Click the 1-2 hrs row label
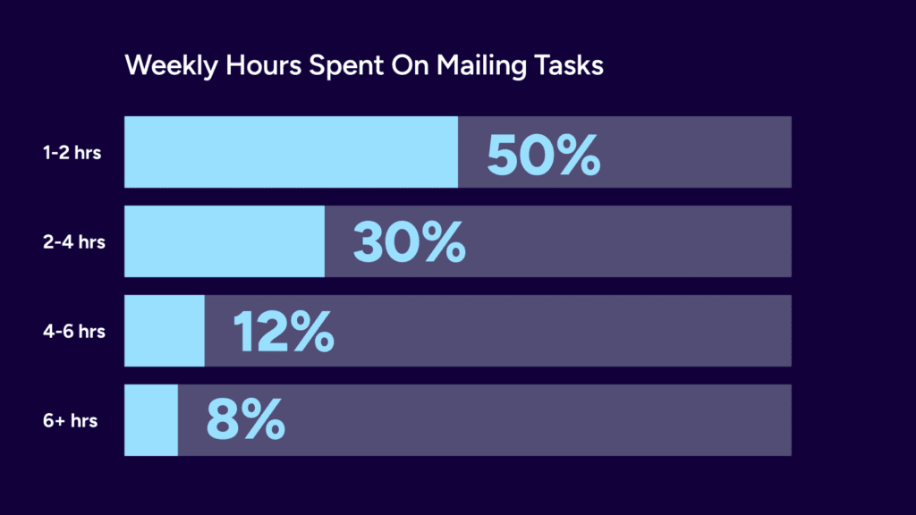tap(72, 153)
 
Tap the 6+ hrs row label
tap(70, 420)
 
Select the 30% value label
tap(409, 242)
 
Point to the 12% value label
tap(284, 332)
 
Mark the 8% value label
tap(245, 420)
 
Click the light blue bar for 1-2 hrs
tap(291, 152)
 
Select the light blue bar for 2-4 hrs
tap(224, 241)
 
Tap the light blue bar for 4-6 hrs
tap(164, 331)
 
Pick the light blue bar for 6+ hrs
tap(150, 420)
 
